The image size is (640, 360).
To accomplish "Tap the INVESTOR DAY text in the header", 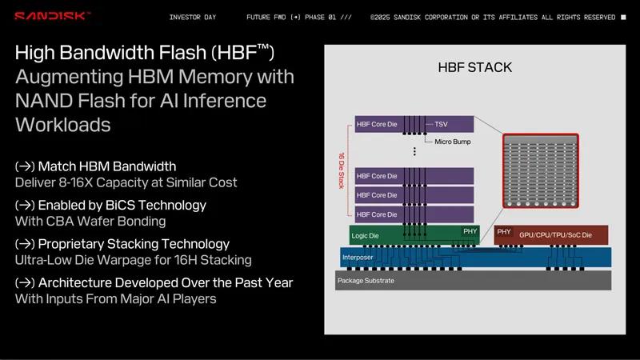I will coord(193,17).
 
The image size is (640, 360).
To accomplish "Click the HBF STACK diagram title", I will coord(474,68).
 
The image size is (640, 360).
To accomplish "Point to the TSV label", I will coord(441,125).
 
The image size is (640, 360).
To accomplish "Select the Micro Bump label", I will coord(452,142).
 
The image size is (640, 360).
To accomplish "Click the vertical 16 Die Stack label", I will coord(342,170).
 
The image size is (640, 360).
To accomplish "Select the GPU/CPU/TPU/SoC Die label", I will coord(555,235).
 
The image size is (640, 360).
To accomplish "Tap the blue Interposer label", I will coord(358,258).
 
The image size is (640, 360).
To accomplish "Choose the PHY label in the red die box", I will coord(504,232).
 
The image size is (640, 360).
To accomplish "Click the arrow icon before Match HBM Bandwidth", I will coord(24,166).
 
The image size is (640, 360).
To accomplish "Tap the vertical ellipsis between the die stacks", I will coord(414,150).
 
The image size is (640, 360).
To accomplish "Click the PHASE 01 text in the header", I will coord(321,17).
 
